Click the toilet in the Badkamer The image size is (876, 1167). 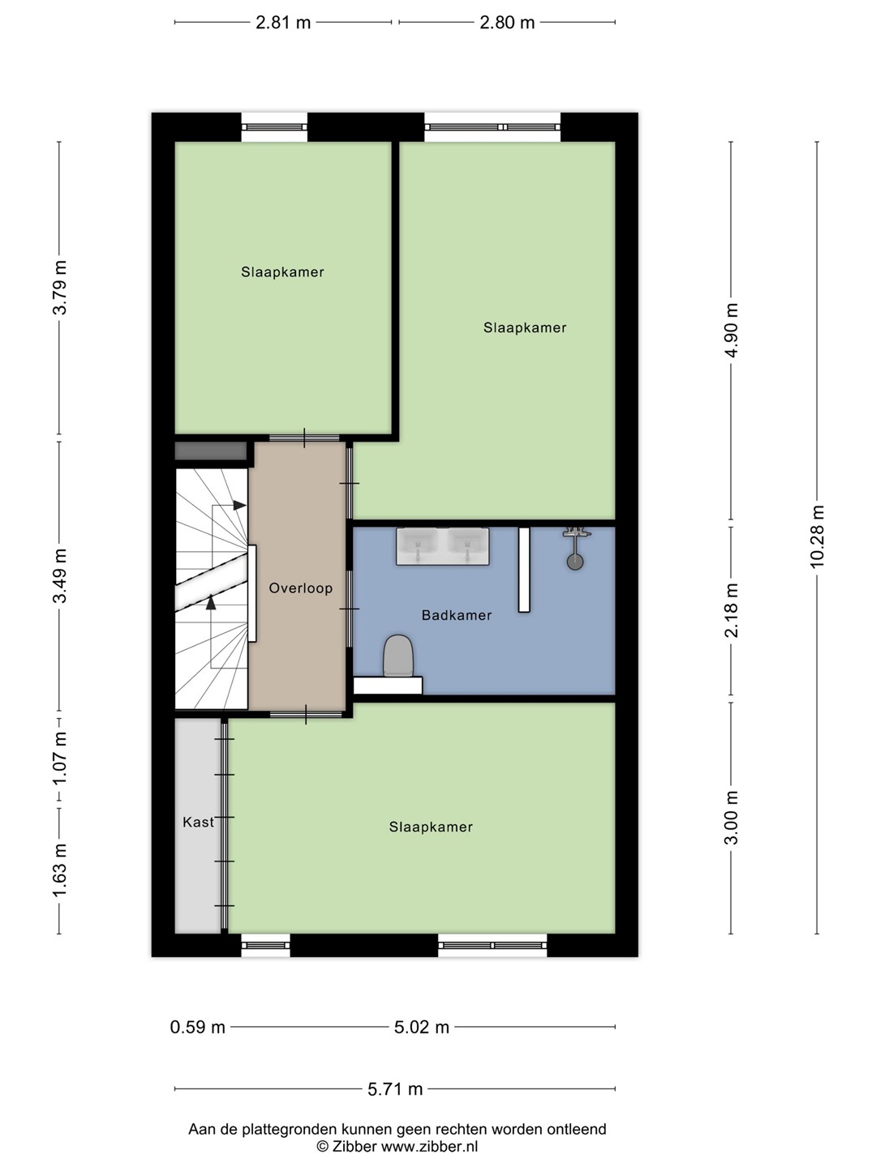398,656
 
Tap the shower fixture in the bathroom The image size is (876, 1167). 576,548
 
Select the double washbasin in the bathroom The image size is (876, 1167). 443,546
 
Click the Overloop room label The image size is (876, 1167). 300,588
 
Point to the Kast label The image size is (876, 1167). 198,822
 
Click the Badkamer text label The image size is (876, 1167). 457,615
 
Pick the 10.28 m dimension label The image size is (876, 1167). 817,536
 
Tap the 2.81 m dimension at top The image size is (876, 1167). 283,23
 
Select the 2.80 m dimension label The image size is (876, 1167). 507,23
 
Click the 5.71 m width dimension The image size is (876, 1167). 395,1089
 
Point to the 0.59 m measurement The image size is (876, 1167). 197,1027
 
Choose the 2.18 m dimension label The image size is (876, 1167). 732,609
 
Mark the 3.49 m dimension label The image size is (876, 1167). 60,575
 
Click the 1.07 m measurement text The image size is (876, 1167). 60,759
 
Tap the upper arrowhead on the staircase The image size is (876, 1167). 239,505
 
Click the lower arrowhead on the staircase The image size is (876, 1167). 211,602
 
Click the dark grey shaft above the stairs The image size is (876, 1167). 211,451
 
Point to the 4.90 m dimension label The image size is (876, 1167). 732,330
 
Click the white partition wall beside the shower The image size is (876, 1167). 524,570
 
